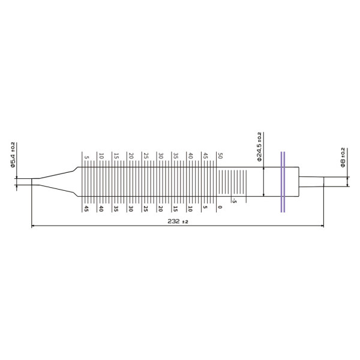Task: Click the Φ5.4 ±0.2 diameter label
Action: coord(13,155)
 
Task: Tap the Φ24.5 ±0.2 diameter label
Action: coord(259,147)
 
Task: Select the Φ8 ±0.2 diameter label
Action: coord(343,157)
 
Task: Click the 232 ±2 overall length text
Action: coord(178,221)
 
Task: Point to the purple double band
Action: coord(282,181)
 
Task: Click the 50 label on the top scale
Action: coord(220,156)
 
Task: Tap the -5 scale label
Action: coord(235,201)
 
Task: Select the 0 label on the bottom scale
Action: coord(220,208)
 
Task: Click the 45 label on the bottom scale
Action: coord(86,209)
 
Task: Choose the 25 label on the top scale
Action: coord(146,156)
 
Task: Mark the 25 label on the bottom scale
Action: coord(146,209)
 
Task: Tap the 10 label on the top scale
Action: coord(101,156)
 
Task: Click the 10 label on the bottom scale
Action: coord(190,209)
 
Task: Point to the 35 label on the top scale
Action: coord(175,156)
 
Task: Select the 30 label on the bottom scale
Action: coord(131,209)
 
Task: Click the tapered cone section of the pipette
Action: coord(57,181)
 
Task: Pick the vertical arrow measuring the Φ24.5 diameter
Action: coord(264,181)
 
